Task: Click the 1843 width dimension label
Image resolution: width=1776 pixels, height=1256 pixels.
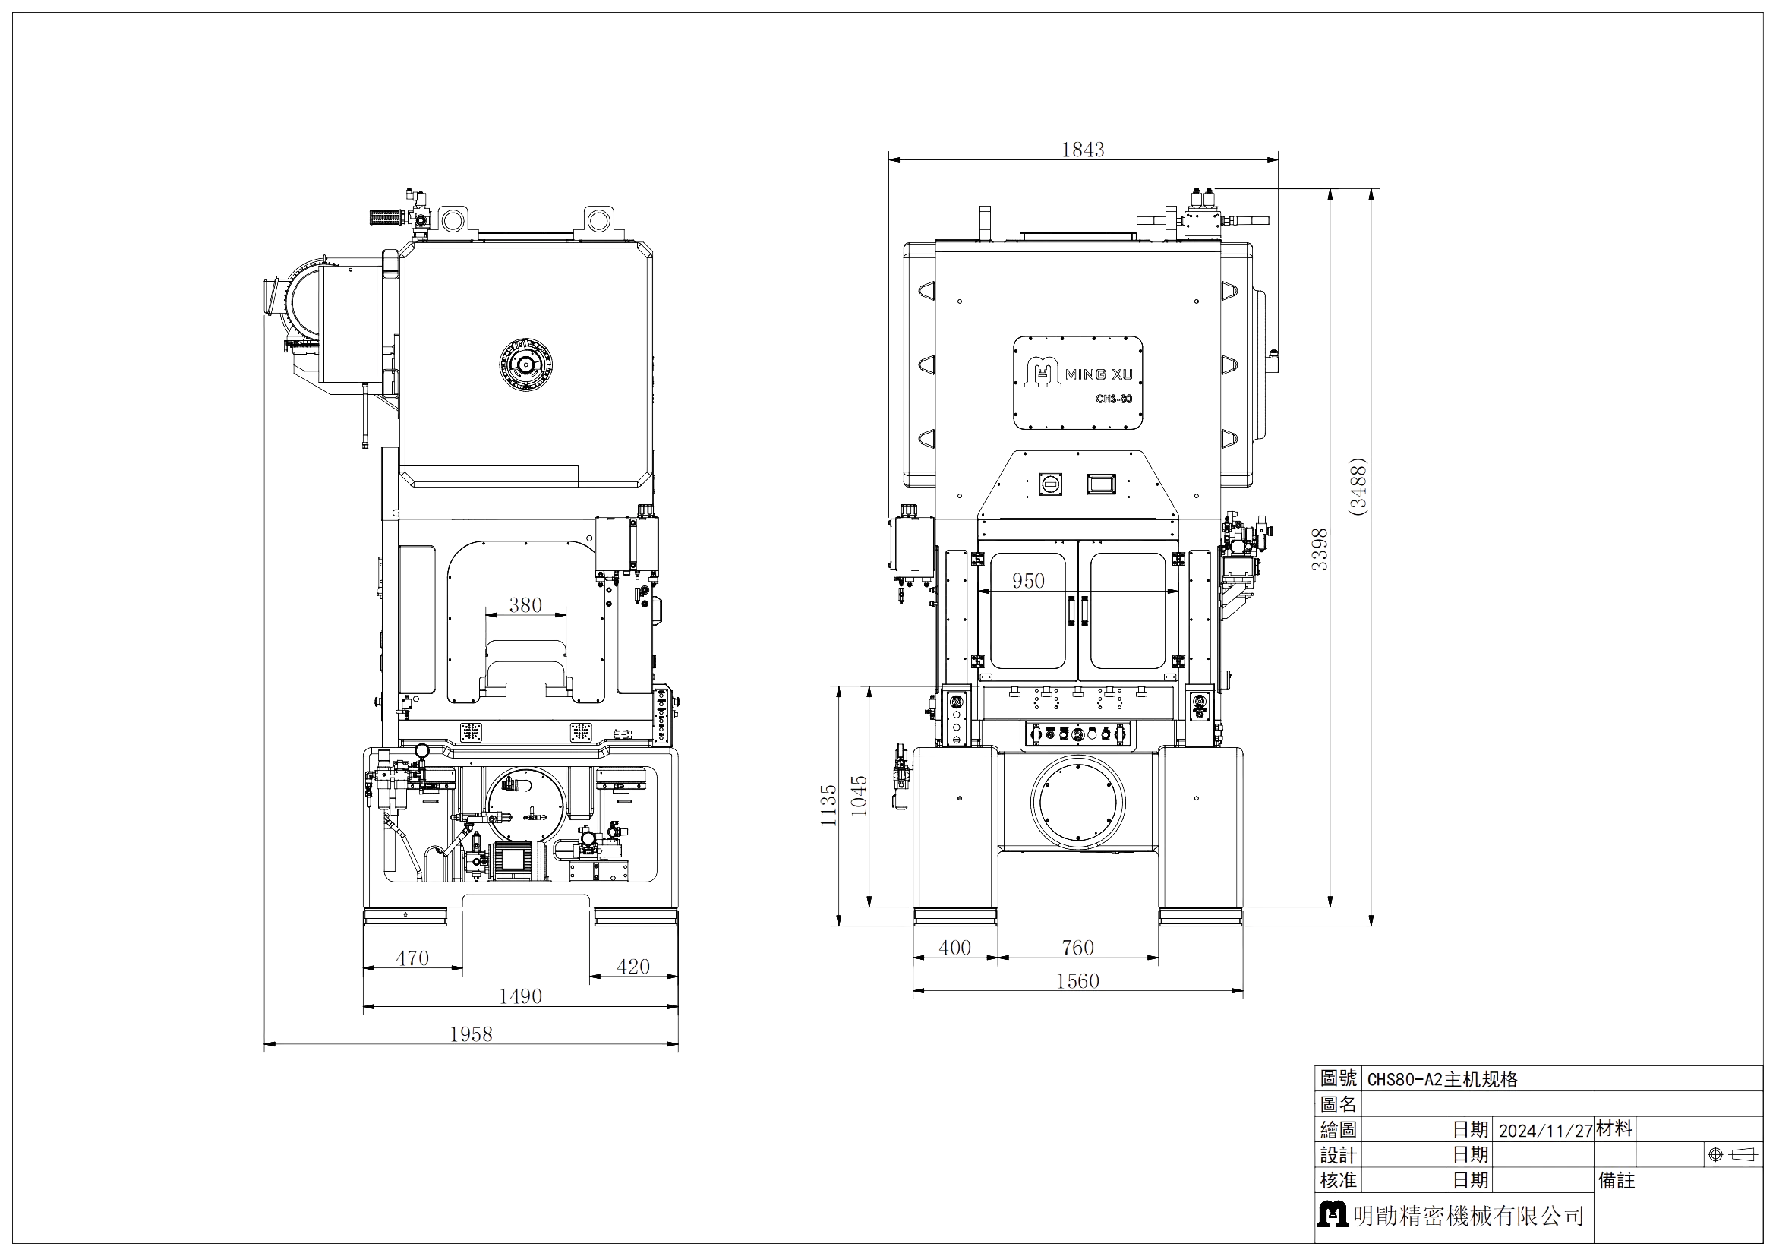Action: pyautogui.click(x=1082, y=149)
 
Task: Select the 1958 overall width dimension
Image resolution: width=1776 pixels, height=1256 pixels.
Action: pyautogui.click(x=470, y=1033)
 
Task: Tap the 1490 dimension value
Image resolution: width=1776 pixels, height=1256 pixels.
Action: pyautogui.click(x=520, y=996)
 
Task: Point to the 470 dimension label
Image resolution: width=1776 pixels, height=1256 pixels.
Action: pyautogui.click(x=412, y=958)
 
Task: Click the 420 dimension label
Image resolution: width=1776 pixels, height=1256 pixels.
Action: pyautogui.click(x=632, y=966)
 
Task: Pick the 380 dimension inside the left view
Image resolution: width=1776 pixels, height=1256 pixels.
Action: pyautogui.click(x=525, y=604)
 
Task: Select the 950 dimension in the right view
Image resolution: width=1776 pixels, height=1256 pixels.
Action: pyautogui.click(x=1027, y=580)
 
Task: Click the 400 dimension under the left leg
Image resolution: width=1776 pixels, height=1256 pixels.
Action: pyautogui.click(x=954, y=947)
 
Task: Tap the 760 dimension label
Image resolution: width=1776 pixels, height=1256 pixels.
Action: pyautogui.click(x=1077, y=947)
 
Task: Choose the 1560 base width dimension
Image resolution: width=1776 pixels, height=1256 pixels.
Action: pyautogui.click(x=1077, y=980)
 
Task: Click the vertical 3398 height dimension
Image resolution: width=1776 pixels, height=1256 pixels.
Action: pyautogui.click(x=1320, y=548)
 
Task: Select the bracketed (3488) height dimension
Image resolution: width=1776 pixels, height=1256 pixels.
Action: pyautogui.click(x=1359, y=485)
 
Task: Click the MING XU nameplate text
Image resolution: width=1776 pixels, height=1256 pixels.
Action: pyautogui.click(x=1099, y=375)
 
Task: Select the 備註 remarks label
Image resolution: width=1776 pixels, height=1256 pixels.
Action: pyautogui.click(x=1617, y=1181)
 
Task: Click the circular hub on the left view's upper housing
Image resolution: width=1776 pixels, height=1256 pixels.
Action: pyautogui.click(x=526, y=364)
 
